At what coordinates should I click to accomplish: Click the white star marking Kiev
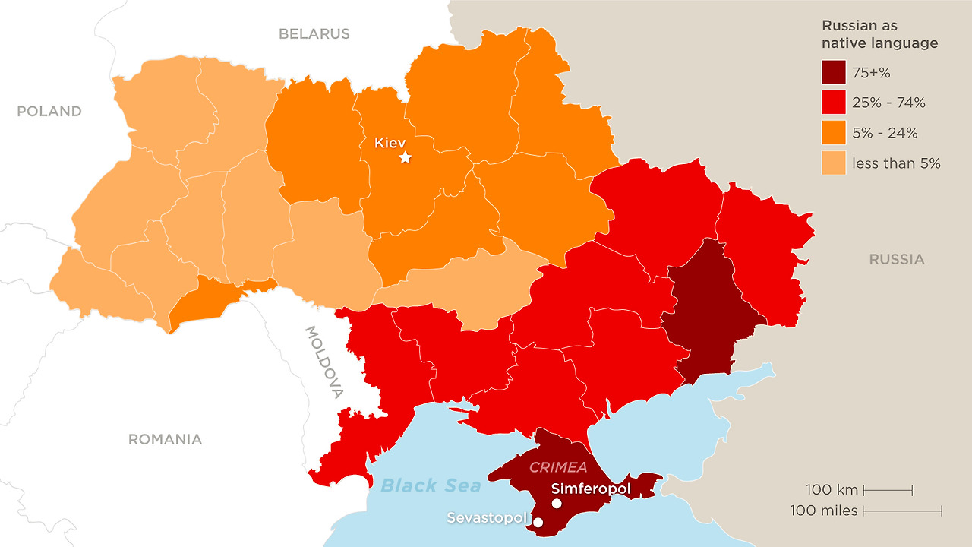(406, 157)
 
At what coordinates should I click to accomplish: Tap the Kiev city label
(390, 142)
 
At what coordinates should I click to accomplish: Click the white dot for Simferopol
(557, 504)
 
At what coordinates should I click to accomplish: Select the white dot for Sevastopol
(538, 523)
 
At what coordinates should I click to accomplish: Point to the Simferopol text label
(591, 489)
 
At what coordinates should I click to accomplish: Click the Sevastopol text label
(486, 517)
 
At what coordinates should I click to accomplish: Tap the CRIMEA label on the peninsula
(558, 467)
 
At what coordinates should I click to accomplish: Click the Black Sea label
(431, 485)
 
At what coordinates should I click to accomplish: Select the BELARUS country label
(314, 33)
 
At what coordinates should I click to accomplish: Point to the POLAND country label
(49, 111)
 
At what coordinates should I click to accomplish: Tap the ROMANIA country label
(165, 439)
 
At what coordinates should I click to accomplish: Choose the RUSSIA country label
(897, 259)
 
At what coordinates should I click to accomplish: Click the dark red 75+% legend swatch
(833, 73)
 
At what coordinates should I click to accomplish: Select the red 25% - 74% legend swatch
(833, 103)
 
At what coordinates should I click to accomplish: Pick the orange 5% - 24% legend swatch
(833, 133)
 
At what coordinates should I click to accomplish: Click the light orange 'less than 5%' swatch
(833, 163)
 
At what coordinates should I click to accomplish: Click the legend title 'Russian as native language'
(879, 35)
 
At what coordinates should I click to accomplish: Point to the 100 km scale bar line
(888, 490)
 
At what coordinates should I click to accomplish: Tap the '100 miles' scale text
(823, 511)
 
